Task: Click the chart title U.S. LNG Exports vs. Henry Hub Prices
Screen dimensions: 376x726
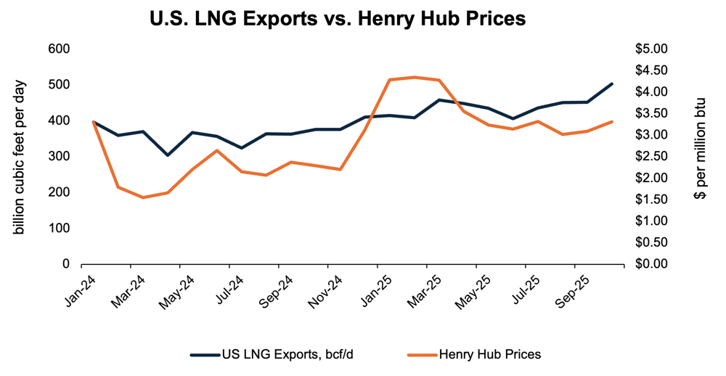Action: tap(337, 19)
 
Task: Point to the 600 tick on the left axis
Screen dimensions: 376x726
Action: tap(60, 49)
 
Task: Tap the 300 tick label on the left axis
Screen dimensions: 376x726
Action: tap(60, 156)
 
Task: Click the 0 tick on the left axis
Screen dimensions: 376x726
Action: tap(65, 263)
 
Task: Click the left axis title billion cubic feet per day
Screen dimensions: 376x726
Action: tap(20, 156)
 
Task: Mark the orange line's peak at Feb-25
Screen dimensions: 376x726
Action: tap(414, 77)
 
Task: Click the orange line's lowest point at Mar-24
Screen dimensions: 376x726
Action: tap(142, 197)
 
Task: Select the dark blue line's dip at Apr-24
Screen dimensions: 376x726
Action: tap(168, 155)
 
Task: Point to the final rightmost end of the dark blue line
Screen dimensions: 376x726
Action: tap(612, 84)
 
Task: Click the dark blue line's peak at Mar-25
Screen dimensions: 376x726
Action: tap(439, 100)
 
